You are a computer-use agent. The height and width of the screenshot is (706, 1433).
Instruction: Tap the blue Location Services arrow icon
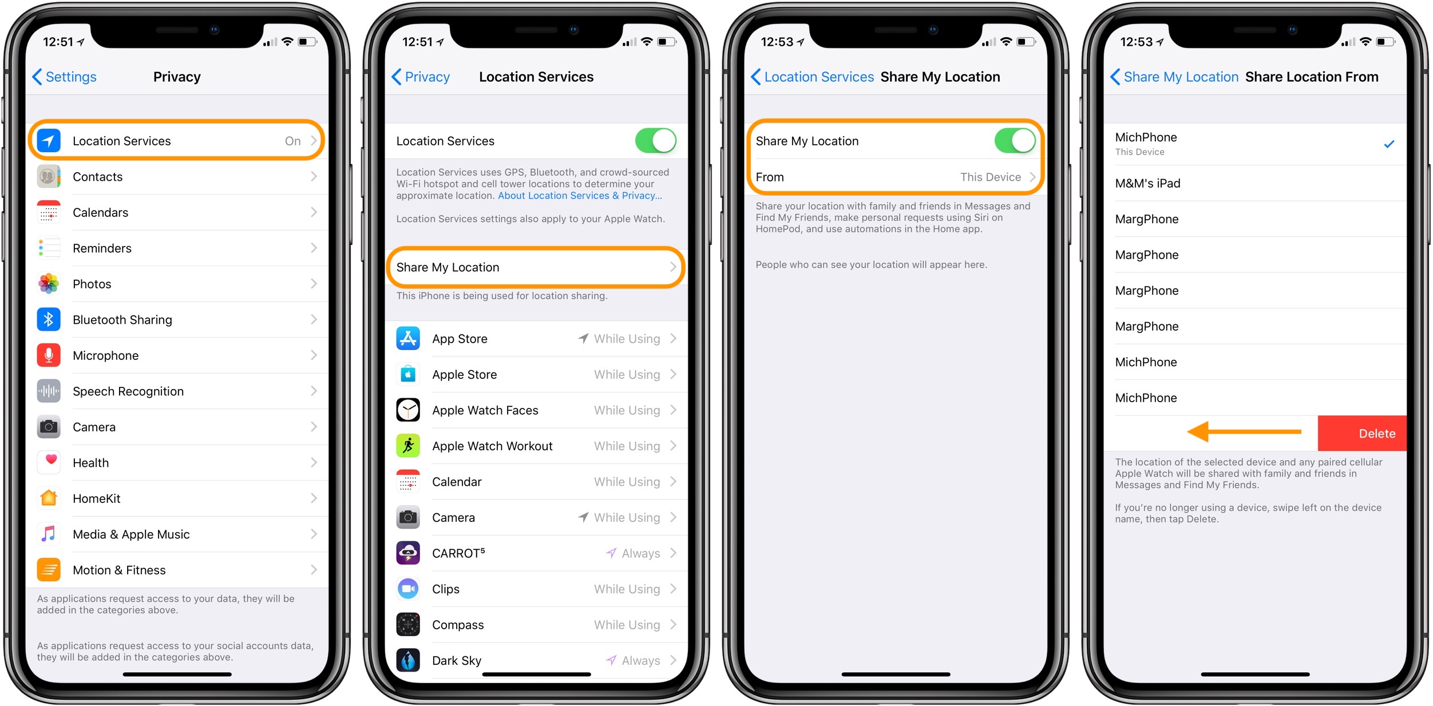pyautogui.click(x=49, y=141)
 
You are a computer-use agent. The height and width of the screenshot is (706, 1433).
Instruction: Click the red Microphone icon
pyautogui.click(x=49, y=355)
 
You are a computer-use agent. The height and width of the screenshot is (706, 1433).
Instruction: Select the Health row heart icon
pyautogui.click(x=49, y=462)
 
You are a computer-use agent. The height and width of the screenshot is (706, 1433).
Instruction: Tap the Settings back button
pyautogui.click(x=64, y=77)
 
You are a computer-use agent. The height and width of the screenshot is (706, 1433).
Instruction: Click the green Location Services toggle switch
pyautogui.click(x=656, y=141)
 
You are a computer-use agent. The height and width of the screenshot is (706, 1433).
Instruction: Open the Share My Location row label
pyautogui.click(x=448, y=267)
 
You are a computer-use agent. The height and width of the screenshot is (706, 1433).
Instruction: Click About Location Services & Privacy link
pyautogui.click(x=580, y=196)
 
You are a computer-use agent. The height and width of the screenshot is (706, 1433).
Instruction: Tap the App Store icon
pyautogui.click(x=408, y=339)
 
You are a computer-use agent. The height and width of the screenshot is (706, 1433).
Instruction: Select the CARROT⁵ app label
pyautogui.click(x=458, y=553)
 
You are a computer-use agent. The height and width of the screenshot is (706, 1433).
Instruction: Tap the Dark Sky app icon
pyautogui.click(x=408, y=660)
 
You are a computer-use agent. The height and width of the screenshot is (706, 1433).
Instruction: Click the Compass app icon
pyautogui.click(x=408, y=625)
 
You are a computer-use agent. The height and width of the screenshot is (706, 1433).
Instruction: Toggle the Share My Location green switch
pyautogui.click(x=1015, y=141)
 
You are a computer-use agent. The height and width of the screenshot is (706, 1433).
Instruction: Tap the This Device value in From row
pyautogui.click(x=990, y=177)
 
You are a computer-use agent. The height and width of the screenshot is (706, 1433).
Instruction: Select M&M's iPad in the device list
pyautogui.click(x=1147, y=183)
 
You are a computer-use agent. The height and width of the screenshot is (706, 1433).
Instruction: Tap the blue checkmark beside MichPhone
pyautogui.click(x=1389, y=144)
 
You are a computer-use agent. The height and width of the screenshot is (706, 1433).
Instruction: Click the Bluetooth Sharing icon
pyautogui.click(x=49, y=319)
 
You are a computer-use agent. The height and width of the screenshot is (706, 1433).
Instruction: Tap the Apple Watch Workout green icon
pyautogui.click(x=408, y=446)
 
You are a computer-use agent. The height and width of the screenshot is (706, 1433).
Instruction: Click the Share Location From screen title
pyautogui.click(x=1312, y=77)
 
